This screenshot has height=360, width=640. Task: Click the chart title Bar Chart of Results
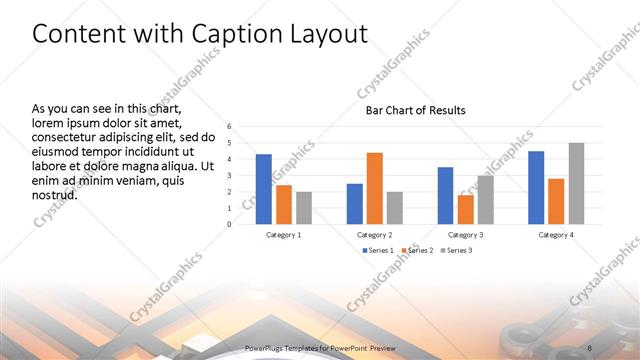tap(413, 110)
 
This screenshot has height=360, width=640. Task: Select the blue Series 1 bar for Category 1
tap(264, 189)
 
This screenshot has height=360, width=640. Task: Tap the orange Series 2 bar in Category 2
tap(374, 188)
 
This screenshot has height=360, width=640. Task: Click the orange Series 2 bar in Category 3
tap(465, 209)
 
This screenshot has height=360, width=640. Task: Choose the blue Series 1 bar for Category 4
tap(536, 187)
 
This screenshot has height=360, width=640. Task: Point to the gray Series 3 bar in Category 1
tap(304, 208)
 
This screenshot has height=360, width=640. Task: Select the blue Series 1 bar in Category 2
tap(354, 204)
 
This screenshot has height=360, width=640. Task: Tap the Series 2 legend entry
tap(417, 250)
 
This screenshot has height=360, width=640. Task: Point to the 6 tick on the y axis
tap(229, 127)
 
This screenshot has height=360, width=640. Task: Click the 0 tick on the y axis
tap(229, 224)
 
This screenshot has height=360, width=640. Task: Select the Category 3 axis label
tap(465, 235)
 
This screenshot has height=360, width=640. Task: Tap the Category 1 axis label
tap(284, 235)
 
